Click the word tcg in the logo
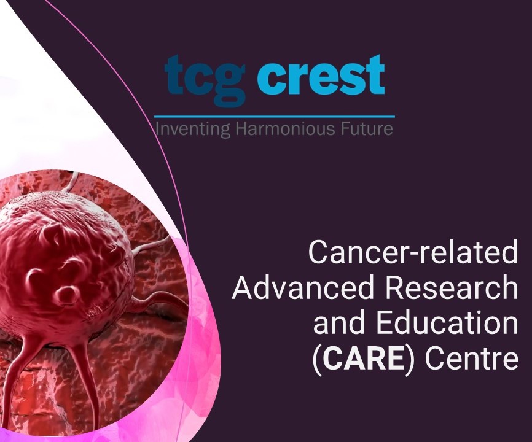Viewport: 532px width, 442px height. point(205,79)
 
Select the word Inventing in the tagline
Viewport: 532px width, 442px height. point(184,130)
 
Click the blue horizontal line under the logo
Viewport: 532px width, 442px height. point(274,116)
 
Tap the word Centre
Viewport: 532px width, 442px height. point(471,359)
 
